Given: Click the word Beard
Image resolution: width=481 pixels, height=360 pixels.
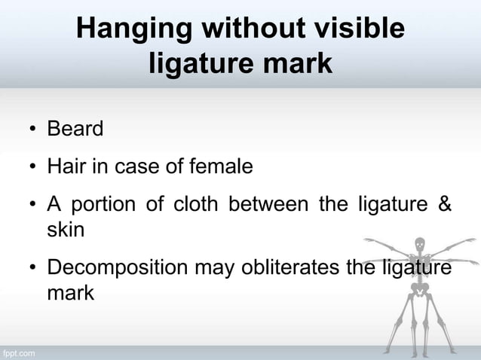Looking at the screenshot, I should (x=75, y=129).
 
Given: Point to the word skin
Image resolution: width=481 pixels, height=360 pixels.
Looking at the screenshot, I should (x=66, y=229).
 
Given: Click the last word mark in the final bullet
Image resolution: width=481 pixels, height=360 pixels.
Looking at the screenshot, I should (x=70, y=292).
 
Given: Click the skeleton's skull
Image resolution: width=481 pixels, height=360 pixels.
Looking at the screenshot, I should (x=421, y=246).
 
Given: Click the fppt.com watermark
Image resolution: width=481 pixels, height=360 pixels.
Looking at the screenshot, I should (x=18, y=352).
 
